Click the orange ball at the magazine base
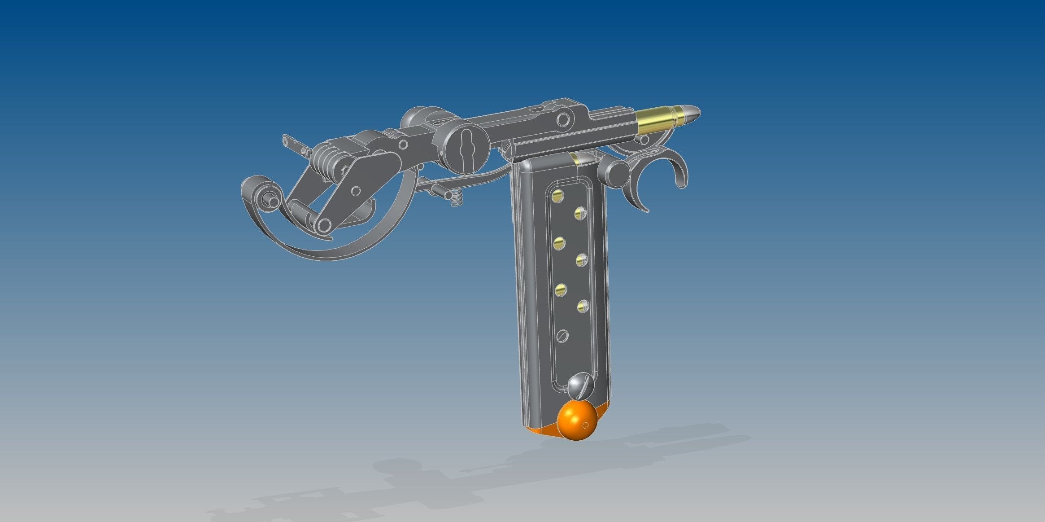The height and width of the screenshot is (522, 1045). point(577,421)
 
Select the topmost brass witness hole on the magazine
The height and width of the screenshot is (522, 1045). point(558,196)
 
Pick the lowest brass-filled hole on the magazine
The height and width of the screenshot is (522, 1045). point(583,306)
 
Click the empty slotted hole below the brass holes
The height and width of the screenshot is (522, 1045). point(562,335)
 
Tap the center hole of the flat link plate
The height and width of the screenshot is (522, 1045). point(355,191)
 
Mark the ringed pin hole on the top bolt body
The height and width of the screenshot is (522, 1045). point(563,119)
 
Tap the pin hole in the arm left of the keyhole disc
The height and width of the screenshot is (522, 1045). point(403,145)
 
